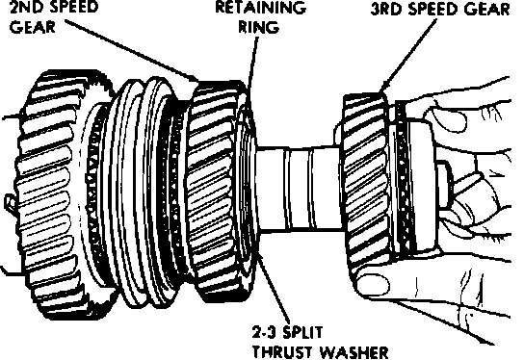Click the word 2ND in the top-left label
[27, 7]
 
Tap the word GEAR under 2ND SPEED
[33, 26]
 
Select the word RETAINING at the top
[260, 7]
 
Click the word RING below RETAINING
[259, 26]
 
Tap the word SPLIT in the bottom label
[303, 332]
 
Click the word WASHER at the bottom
[354, 352]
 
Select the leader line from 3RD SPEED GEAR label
[408, 56]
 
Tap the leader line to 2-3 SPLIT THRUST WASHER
[274, 287]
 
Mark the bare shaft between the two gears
[300, 189]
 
